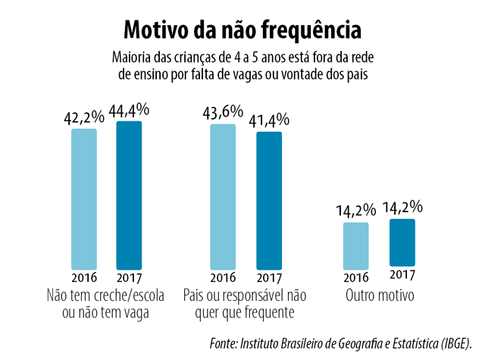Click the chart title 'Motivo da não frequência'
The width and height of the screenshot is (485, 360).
242,30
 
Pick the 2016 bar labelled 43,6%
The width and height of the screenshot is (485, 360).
223,196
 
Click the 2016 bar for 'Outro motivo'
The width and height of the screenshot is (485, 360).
355,246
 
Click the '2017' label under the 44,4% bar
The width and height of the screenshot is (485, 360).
129,276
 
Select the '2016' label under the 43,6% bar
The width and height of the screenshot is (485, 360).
223,276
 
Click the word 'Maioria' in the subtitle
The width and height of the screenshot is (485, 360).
131,58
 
